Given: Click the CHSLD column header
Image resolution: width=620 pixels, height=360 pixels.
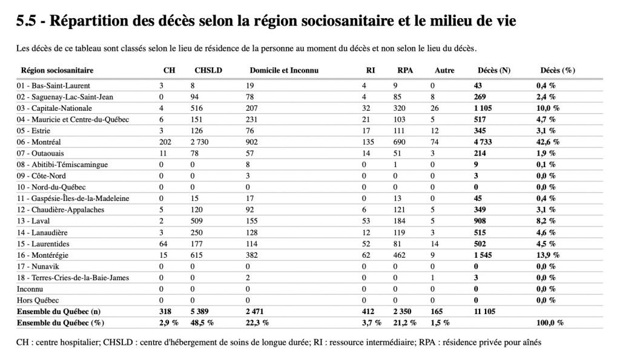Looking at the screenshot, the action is pos(208,70).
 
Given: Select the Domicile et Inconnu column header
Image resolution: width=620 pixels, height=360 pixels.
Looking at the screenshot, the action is pos(284,70).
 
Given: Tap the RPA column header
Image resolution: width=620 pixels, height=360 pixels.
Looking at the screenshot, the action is pos(405,70).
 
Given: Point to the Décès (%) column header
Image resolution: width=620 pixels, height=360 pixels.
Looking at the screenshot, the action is pos(558,70).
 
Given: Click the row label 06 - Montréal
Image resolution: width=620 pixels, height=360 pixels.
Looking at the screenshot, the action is pos(39,142).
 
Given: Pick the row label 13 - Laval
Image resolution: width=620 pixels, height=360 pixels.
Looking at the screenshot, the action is pos(33,221).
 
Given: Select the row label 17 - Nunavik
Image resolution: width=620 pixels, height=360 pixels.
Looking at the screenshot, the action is pos(38,266).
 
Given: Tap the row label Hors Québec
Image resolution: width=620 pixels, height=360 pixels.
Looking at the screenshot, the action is pos(38,300).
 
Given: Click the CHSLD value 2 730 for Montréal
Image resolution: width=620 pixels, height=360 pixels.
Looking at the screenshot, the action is pos(199,142).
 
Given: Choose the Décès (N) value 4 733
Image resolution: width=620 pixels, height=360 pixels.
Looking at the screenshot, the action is pos(483,142).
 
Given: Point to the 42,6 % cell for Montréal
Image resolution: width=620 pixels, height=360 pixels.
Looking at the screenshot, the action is pos(548,142).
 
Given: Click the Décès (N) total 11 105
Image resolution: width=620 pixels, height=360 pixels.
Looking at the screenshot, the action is pos(484,312).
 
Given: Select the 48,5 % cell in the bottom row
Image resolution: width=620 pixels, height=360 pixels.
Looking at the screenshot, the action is pos(202,323).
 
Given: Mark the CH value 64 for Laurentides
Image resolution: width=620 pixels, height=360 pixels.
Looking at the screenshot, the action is pos(163,244).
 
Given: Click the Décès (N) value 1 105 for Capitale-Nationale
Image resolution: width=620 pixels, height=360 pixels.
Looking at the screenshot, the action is pos(483,108).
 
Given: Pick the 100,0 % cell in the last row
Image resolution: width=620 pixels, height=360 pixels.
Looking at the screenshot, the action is pos(550,323).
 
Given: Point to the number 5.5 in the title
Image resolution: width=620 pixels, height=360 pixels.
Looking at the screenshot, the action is pos(26,21).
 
